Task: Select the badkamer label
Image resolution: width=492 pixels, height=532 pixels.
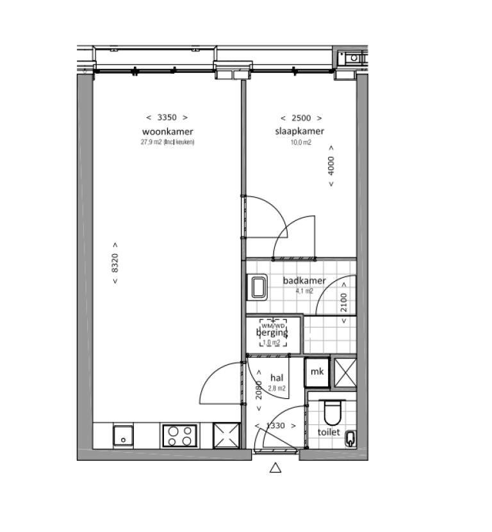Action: (304, 280)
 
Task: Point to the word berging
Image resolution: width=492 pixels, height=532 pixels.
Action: (272, 333)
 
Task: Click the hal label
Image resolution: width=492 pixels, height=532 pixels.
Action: (277, 378)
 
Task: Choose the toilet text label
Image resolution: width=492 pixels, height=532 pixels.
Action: (329, 432)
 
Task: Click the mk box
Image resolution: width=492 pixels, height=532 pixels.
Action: (316, 372)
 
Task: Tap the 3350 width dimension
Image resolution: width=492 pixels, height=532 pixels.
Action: (167, 117)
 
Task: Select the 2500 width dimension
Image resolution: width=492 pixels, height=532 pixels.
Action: (300, 117)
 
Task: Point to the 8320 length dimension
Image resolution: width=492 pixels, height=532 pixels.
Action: (115, 264)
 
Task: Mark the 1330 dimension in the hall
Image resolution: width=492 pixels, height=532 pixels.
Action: (275, 426)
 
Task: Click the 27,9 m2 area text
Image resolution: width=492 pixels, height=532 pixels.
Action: (167, 142)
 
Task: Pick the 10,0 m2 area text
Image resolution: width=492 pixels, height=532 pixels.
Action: (300, 142)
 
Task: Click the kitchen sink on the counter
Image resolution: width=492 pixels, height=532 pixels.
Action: (123, 436)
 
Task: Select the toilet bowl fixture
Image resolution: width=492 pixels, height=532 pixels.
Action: (332, 413)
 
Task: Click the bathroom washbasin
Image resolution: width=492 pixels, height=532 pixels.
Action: (259, 286)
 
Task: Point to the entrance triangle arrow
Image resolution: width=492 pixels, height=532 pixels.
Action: (275, 468)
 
